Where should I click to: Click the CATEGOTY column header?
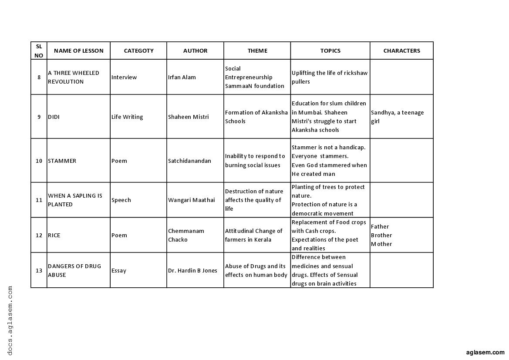click(138, 50)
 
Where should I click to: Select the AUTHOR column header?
click(195, 50)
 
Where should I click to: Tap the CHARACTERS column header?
click(401, 50)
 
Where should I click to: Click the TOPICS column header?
click(330, 50)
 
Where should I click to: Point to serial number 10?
click(39, 161)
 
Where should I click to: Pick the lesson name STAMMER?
click(62, 161)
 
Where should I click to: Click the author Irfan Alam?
click(182, 77)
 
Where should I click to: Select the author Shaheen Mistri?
click(188, 117)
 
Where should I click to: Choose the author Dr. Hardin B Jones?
click(192, 270)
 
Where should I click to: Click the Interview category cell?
click(124, 77)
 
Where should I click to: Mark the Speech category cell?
click(121, 200)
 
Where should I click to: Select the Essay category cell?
click(119, 270)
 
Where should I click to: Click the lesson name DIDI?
click(54, 117)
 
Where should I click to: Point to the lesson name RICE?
click(54, 235)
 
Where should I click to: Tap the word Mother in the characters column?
click(381, 244)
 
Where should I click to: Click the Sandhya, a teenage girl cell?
click(397, 117)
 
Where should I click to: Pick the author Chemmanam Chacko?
click(186, 235)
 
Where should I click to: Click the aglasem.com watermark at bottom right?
click(485, 352)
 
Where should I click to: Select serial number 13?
click(39, 270)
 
